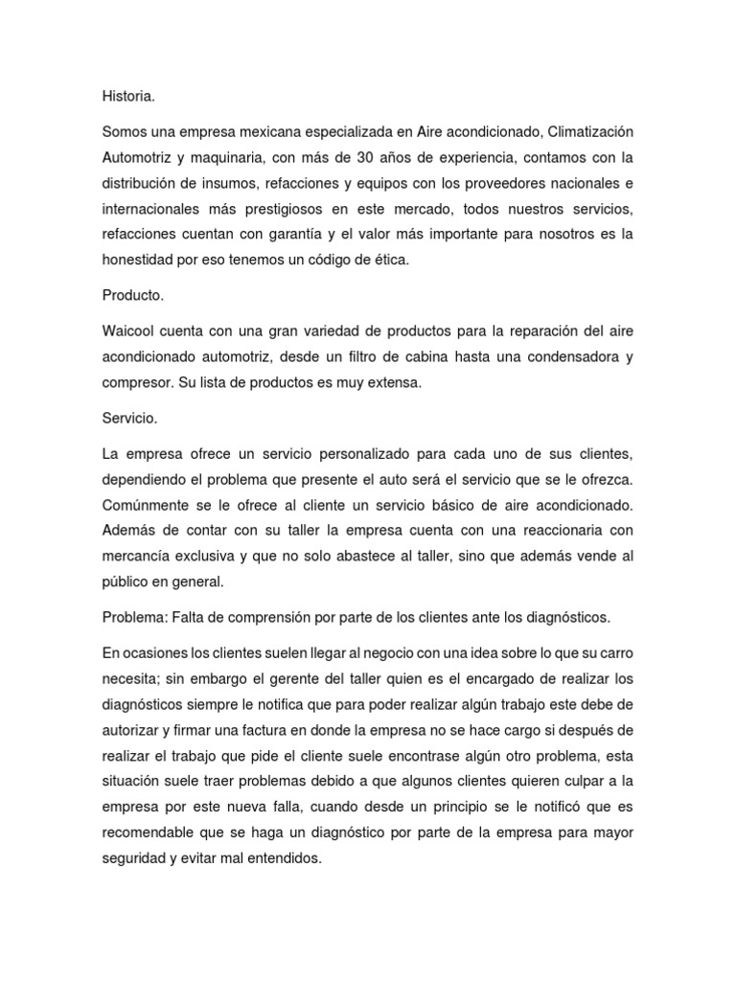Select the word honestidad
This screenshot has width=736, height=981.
click(139, 260)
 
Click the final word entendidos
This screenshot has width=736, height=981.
click(287, 833)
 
